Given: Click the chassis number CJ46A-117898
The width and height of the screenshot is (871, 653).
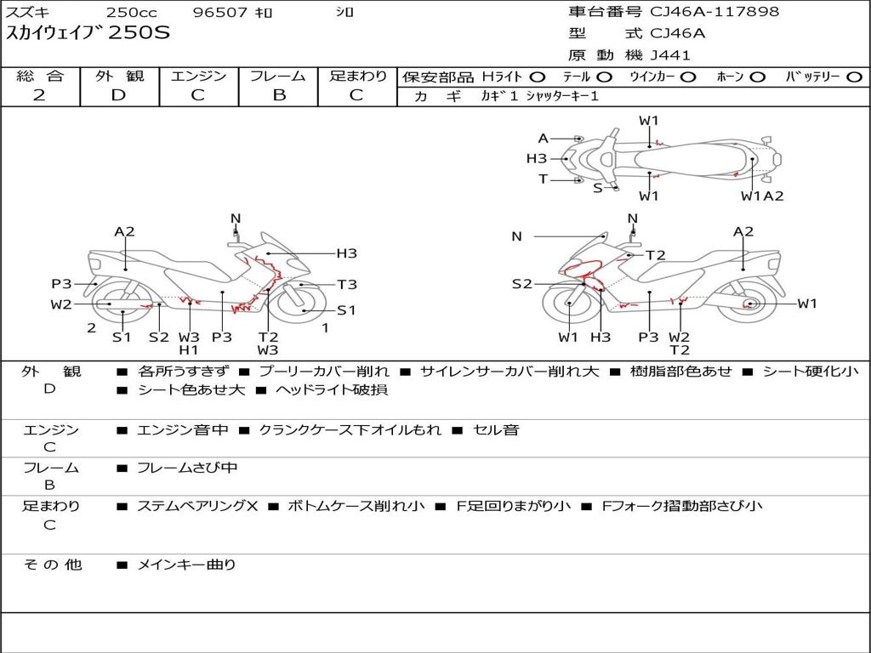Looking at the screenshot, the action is tap(714, 11).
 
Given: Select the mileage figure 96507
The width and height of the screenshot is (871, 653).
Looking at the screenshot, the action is tap(219, 12).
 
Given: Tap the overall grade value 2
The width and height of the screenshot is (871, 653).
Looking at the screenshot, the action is tap(39, 95).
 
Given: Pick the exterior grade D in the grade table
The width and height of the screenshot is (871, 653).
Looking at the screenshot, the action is tap(118, 95).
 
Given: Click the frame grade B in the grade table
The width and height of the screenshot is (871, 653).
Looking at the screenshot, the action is tap(279, 95).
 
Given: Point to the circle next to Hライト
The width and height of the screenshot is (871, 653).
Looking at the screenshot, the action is tap(538, 77).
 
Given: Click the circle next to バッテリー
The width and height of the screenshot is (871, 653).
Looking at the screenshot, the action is tap(854, 77).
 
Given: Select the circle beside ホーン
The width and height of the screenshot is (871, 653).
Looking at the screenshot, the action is tap(758, 77).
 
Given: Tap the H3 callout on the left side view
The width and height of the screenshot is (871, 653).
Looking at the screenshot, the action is tap(347, 253).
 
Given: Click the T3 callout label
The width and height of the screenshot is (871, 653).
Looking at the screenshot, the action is tap(347, 284).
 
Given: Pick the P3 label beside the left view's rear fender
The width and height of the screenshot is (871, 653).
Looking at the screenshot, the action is tap(61, 284).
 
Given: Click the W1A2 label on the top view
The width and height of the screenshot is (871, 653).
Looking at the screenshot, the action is tap(762, 196).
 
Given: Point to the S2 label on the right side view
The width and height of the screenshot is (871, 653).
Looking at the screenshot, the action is tap(521, 284).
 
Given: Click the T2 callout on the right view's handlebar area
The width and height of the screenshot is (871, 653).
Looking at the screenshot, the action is tap(656, 255).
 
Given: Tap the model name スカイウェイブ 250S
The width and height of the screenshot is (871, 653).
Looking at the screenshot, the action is tap(88, 33).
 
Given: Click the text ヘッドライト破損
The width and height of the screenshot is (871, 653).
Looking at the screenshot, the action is tap(332, 389).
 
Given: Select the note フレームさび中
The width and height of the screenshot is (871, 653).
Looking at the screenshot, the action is tap(187, 468).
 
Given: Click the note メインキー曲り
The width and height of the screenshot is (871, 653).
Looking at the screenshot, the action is tap(186, 565).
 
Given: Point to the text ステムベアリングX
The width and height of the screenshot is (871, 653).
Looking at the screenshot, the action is tap(197, 506).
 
